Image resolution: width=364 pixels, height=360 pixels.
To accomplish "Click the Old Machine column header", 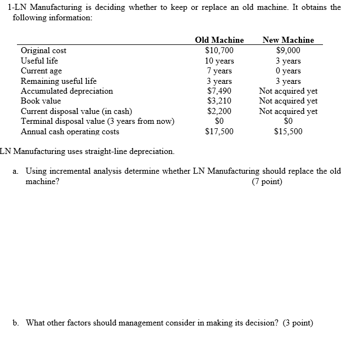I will (219, 40).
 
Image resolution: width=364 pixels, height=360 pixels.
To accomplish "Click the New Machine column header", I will (288, 40).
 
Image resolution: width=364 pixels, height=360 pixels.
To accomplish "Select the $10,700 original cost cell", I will (219, 51).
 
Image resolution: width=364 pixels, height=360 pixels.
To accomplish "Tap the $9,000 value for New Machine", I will (288, 51).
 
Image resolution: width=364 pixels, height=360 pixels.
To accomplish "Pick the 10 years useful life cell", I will (219, 61).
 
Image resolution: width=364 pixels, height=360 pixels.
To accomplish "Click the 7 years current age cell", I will (219, 71).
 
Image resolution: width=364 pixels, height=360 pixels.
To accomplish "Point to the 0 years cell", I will (288, 71).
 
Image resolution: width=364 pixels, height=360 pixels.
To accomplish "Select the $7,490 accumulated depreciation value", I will (219, 91).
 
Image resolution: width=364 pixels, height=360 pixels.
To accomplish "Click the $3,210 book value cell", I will (219, 101).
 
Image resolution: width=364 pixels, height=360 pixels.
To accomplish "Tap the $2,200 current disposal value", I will (219, 111).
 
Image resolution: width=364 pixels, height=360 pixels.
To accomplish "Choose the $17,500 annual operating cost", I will (219, 132).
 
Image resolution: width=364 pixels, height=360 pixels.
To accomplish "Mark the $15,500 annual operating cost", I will (288, 132).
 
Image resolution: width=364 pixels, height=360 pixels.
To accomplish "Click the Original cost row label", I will (43, 51).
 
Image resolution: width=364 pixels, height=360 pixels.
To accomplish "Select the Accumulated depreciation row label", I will (67, 91).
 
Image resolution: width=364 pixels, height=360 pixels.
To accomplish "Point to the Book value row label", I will (41, 101).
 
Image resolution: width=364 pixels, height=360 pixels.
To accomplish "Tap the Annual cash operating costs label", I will (70, 132).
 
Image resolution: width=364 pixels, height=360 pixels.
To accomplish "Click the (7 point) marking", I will (267, 181).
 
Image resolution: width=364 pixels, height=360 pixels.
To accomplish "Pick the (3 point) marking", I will (298, 322).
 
